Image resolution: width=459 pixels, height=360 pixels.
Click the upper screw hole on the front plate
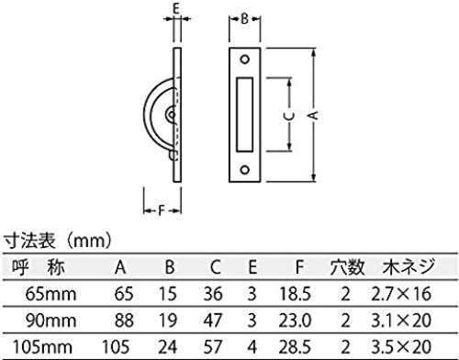pos(244,60)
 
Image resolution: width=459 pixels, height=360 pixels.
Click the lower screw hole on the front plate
pos(244,170)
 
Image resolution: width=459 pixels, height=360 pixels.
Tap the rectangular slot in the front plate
pos(244,115)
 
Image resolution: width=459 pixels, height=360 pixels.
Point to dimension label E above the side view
pos(176,8)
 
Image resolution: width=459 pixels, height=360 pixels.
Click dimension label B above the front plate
pos(244,19)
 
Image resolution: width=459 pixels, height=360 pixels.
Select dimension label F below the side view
pos(162,210)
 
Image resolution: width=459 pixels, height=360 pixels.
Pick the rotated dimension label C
pos(289,115)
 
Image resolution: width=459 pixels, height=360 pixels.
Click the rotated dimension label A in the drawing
pos(313,115)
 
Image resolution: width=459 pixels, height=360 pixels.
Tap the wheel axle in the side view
pos(172,115)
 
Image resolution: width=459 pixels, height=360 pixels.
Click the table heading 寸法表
pos(29,241)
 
